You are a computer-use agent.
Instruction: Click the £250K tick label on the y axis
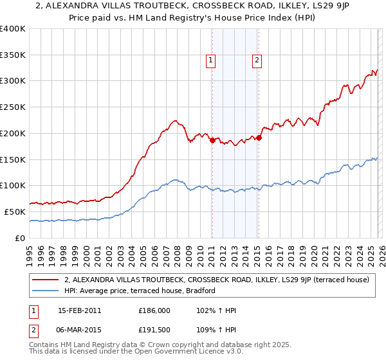13,107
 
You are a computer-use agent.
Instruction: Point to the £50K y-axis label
15,212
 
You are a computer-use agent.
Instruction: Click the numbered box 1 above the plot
210,60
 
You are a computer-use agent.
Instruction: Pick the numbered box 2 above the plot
257,60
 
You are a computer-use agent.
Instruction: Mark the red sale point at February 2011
212,139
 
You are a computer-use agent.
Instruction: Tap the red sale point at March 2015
258,137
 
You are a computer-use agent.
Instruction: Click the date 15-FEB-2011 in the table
79,310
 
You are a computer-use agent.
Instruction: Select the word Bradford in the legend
205,291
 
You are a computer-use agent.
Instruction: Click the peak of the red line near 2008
174,120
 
